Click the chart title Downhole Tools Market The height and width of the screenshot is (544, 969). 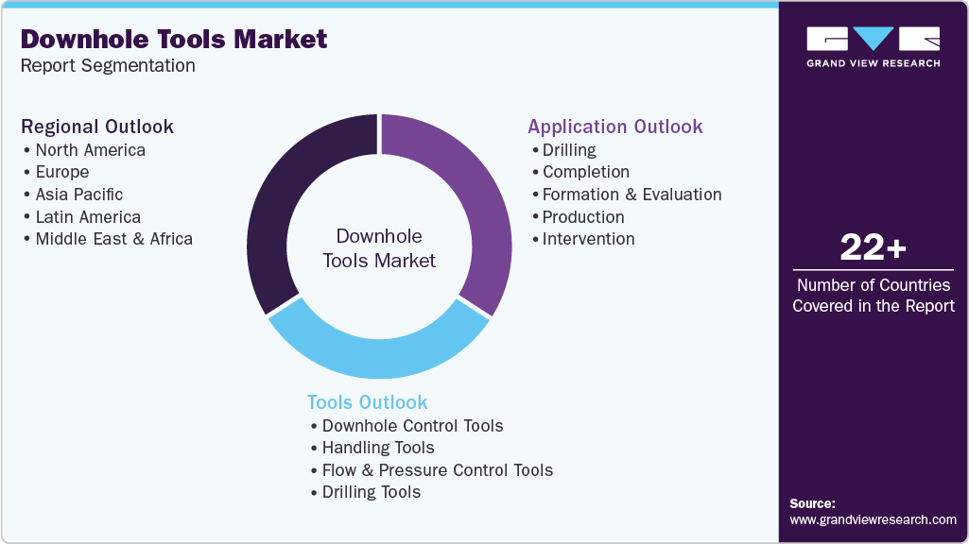point(174,39)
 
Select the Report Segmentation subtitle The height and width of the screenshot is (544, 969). point(108,65)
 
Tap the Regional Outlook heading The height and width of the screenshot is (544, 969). point(97,127)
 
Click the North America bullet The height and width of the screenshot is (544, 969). point(90,149)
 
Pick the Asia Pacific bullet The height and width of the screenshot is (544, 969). point(78,194)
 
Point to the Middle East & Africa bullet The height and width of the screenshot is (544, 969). point(113,238)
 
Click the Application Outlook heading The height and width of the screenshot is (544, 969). point(614,127)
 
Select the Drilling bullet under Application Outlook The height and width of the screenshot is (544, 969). point(569,149)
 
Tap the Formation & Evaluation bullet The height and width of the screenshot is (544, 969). point(632,194)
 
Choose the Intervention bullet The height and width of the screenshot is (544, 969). point(588,238)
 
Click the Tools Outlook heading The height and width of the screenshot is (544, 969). point(367,402)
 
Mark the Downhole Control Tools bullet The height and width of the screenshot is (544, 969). point(412,425)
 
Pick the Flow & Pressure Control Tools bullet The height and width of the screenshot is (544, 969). point(437,469)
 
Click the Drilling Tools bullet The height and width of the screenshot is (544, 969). point(371,491)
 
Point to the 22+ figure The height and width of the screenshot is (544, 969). point(873,248)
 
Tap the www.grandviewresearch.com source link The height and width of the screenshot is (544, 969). point(873,519)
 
